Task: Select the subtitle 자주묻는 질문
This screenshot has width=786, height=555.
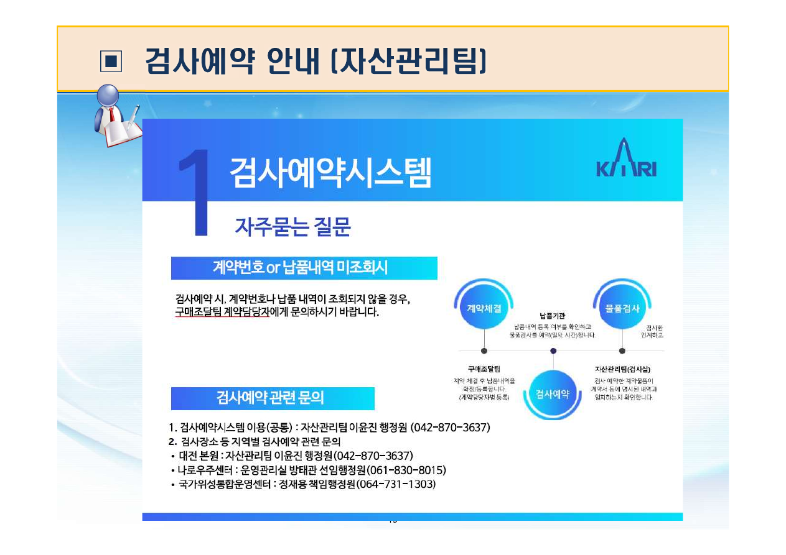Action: click(x=292, y=227)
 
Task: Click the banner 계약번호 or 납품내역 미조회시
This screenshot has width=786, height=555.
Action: click(x=304, y=268)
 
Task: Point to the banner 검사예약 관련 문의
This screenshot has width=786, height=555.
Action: click(x=272, y=398)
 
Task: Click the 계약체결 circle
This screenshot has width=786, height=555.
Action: click(x=484, y=308)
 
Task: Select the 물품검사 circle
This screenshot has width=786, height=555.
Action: click(x=622, y=308)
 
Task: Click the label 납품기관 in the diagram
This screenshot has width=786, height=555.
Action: click(x=553, y=316)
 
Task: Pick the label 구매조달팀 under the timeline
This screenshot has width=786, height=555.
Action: click(x=484, y=369)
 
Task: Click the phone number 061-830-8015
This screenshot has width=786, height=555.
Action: click(x=406, y=470)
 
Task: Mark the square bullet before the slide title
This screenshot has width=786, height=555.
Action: click(x=111, y=60)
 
